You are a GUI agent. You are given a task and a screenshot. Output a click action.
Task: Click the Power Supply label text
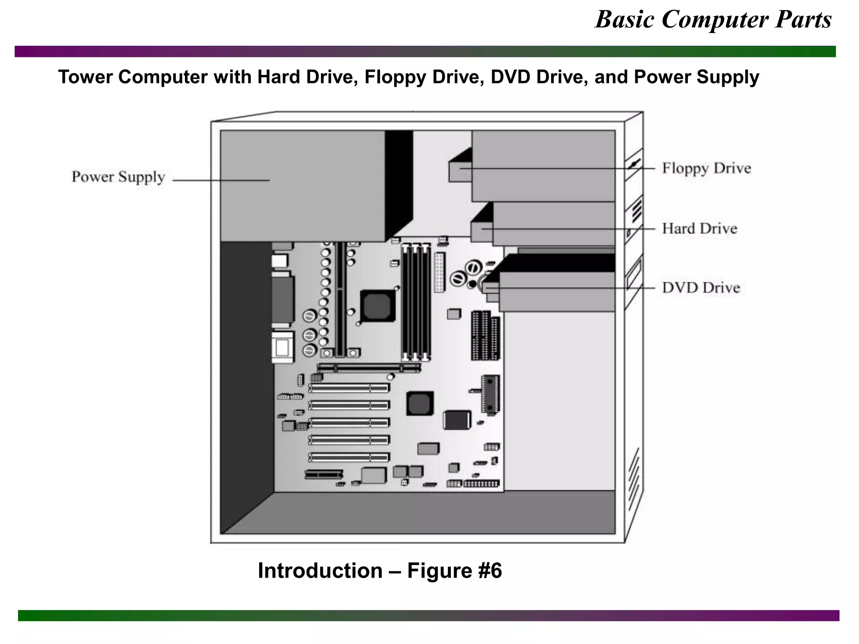point(118,177)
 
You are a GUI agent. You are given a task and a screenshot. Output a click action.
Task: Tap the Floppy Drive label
point(706,168)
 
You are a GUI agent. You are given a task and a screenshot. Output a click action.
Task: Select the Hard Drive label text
point(699,229)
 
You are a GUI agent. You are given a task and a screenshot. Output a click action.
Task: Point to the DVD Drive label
point(701,288)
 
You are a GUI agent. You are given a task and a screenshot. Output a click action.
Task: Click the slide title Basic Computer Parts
point(713,19)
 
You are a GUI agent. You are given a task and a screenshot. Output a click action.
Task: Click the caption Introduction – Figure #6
point(380,571)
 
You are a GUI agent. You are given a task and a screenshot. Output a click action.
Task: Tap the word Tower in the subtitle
point(86,77)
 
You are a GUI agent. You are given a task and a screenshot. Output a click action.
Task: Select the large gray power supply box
point(302,186)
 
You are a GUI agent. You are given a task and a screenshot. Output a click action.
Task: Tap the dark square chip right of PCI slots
point(419,403)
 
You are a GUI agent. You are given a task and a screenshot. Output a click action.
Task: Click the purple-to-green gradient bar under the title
point(425,51)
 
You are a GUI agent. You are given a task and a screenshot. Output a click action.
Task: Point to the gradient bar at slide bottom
point(428,615)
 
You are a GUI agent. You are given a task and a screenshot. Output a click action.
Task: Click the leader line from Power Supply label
point(221,181)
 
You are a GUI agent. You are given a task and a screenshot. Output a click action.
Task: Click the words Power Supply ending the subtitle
point(696,77)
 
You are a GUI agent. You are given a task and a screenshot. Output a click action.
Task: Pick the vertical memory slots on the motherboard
point(416,302)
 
